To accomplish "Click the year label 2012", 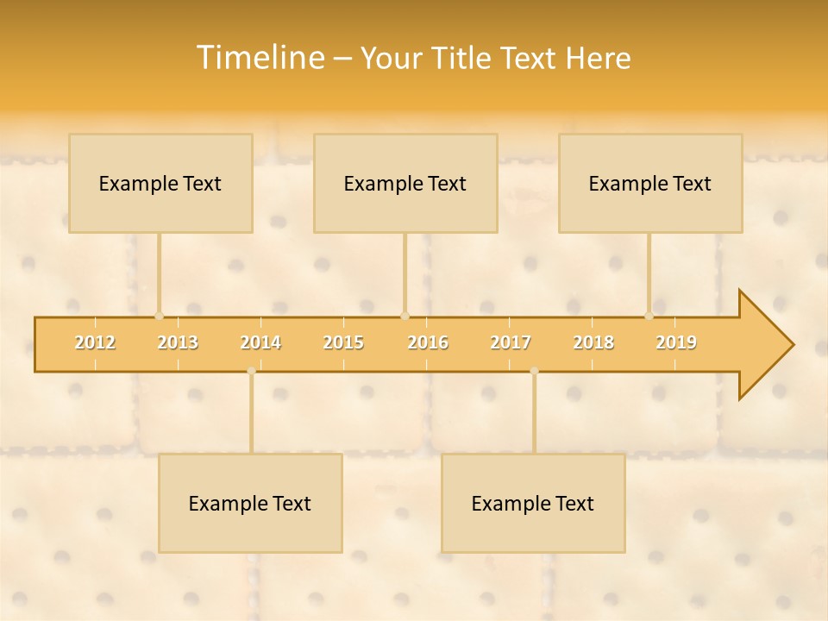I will (x=95, y=342).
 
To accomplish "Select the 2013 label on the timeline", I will (x=178, y=342).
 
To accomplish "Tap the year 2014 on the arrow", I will (x=260, y=342).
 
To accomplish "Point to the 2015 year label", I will (x=343, y=342).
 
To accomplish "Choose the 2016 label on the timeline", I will (x=428, y=342).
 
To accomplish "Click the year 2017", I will (x=511, y=342).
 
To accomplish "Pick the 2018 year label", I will (x=593, y=342).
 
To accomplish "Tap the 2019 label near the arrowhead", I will (x=676, y=342).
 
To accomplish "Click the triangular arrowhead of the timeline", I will (x=764, y=345).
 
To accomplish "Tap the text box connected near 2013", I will (x=160, y=183).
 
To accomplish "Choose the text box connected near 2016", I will (x=405, y=183).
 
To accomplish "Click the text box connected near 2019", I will (x=650, y=183).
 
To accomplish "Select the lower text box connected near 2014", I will (x=250, y=503).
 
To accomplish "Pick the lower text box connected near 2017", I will (x=533, y=503).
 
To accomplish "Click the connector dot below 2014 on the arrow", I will (x=251, y=371).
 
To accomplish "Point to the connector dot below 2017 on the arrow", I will (x=534, y=371).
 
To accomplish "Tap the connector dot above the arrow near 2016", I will (x=405, y=317).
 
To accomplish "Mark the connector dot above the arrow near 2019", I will (x=649, y=317).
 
